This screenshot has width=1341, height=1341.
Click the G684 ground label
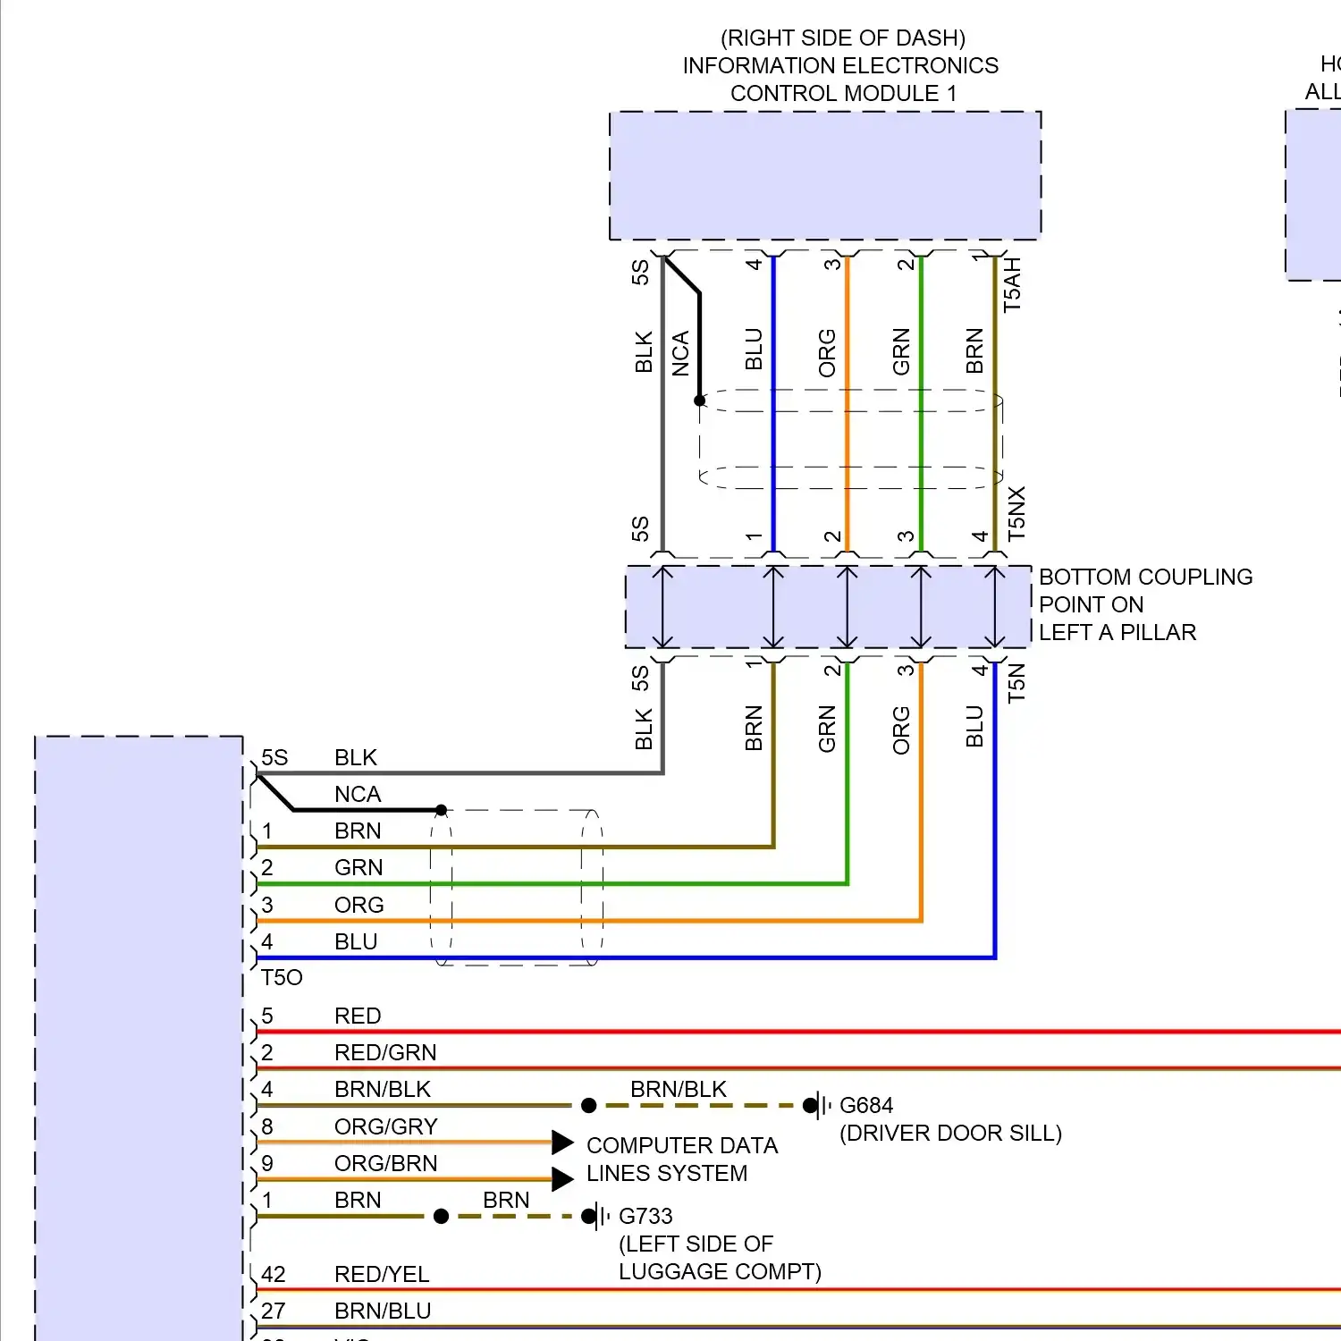click(865, 1106)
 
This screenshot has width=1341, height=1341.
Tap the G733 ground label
click(645, 1217)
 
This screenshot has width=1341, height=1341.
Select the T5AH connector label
click(1012, 285)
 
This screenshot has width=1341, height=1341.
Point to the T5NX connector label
click(1016, 514)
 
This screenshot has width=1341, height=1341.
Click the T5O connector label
click(282, 978)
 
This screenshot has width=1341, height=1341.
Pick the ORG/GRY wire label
click(386, 1126)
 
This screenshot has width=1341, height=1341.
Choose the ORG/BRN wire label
click(386, 1163)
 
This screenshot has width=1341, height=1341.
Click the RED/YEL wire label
click(382, 1274)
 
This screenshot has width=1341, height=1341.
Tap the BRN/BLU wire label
click(383, 1311)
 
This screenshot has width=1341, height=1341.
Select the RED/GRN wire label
click(385, 1052)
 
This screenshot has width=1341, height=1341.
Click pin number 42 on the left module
click(274, 1274)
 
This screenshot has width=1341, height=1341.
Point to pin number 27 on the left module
click(274, 1311)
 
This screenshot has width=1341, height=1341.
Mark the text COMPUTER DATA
click(682, 1145)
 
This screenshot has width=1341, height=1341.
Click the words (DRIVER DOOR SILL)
click(950, 1134)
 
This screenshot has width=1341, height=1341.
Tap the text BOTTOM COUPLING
click(1145, 577)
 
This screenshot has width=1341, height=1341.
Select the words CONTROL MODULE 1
click(843, 93)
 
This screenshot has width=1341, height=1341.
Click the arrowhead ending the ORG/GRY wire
click(562, 1143)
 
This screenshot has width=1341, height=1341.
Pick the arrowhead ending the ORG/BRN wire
click(562, 1179)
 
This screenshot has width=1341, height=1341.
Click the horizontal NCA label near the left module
click(358, 794)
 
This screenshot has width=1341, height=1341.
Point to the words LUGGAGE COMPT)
click(720, 1271)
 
